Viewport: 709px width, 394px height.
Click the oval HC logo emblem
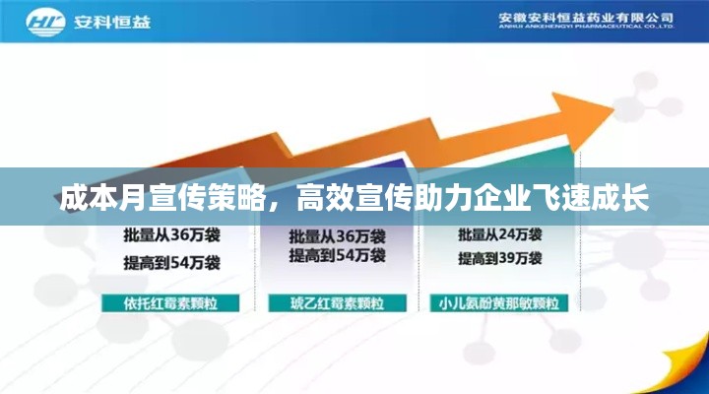coord(46,22)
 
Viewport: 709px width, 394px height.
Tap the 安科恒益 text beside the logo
coord(110,22)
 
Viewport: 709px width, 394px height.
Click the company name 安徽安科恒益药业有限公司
coord(585,18)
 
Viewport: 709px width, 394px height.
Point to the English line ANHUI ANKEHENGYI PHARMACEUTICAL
coord(585,29)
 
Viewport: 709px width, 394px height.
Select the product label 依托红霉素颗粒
coord(170,302)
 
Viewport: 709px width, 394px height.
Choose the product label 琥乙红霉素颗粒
coord(336,302)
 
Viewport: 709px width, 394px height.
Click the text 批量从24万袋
coord(500,235)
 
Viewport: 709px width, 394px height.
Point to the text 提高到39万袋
coord(500,259)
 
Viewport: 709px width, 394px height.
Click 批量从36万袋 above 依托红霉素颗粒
coord(171,236)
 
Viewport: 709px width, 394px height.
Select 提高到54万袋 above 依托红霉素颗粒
coord(171,262)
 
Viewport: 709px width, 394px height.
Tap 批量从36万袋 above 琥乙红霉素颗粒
coord(337,236)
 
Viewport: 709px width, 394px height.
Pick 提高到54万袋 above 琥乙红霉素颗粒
coord(337,256)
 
